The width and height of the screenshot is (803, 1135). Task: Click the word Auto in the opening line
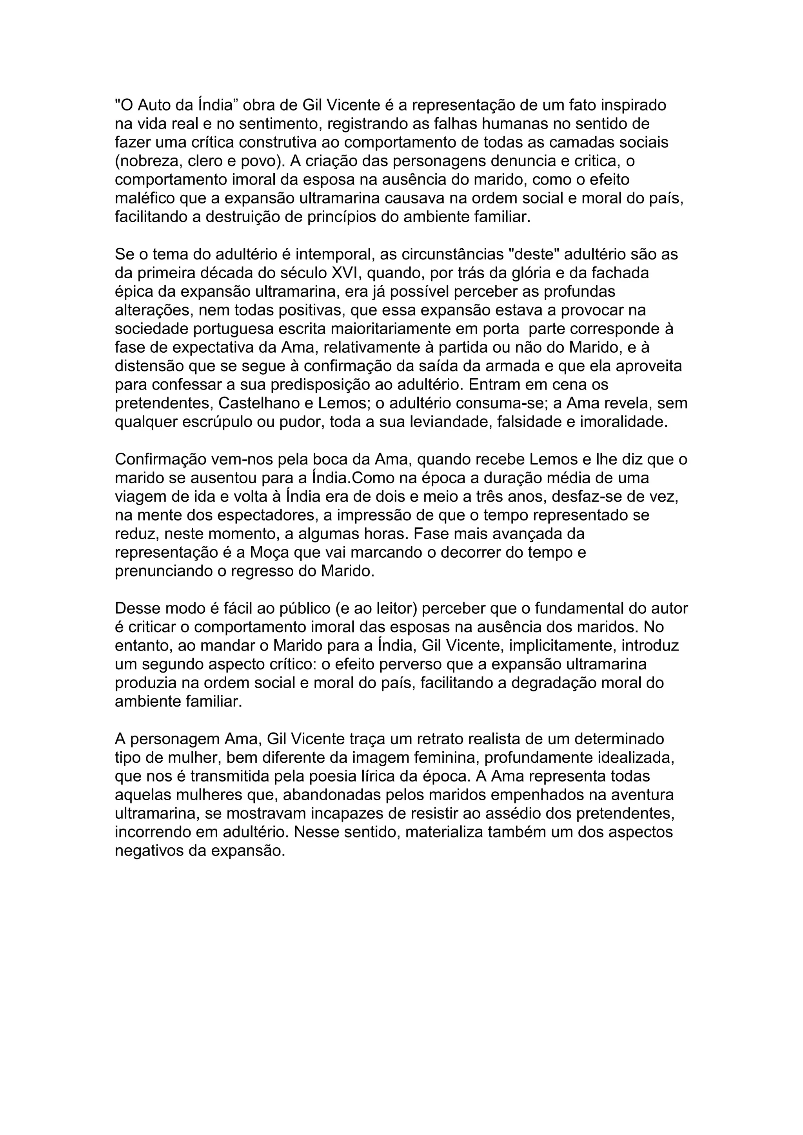point(158,105)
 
